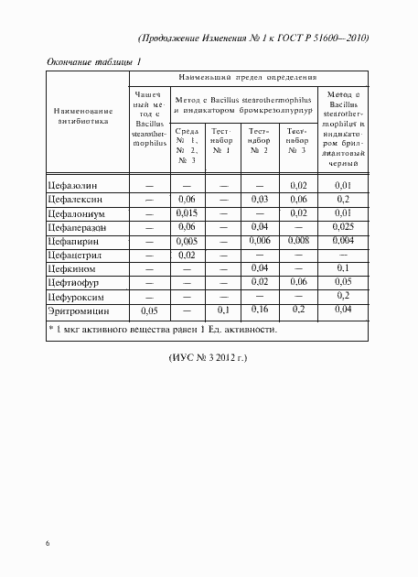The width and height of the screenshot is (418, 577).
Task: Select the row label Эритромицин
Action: click(80, 311)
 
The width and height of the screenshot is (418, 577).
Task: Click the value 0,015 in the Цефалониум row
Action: click(188, 213)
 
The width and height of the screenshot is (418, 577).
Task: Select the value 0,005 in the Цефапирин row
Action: click(188, 242)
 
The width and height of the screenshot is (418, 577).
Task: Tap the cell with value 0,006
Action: click(259, 242)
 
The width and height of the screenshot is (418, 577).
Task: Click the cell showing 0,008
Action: click(299, 242)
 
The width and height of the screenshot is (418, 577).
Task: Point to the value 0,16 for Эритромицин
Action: click(259, 311)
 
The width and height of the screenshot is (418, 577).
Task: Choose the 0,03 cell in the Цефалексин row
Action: click(259, 200)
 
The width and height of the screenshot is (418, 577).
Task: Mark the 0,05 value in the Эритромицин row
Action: click(148, 311)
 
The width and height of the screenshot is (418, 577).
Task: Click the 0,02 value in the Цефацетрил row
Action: click(188, 256)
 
